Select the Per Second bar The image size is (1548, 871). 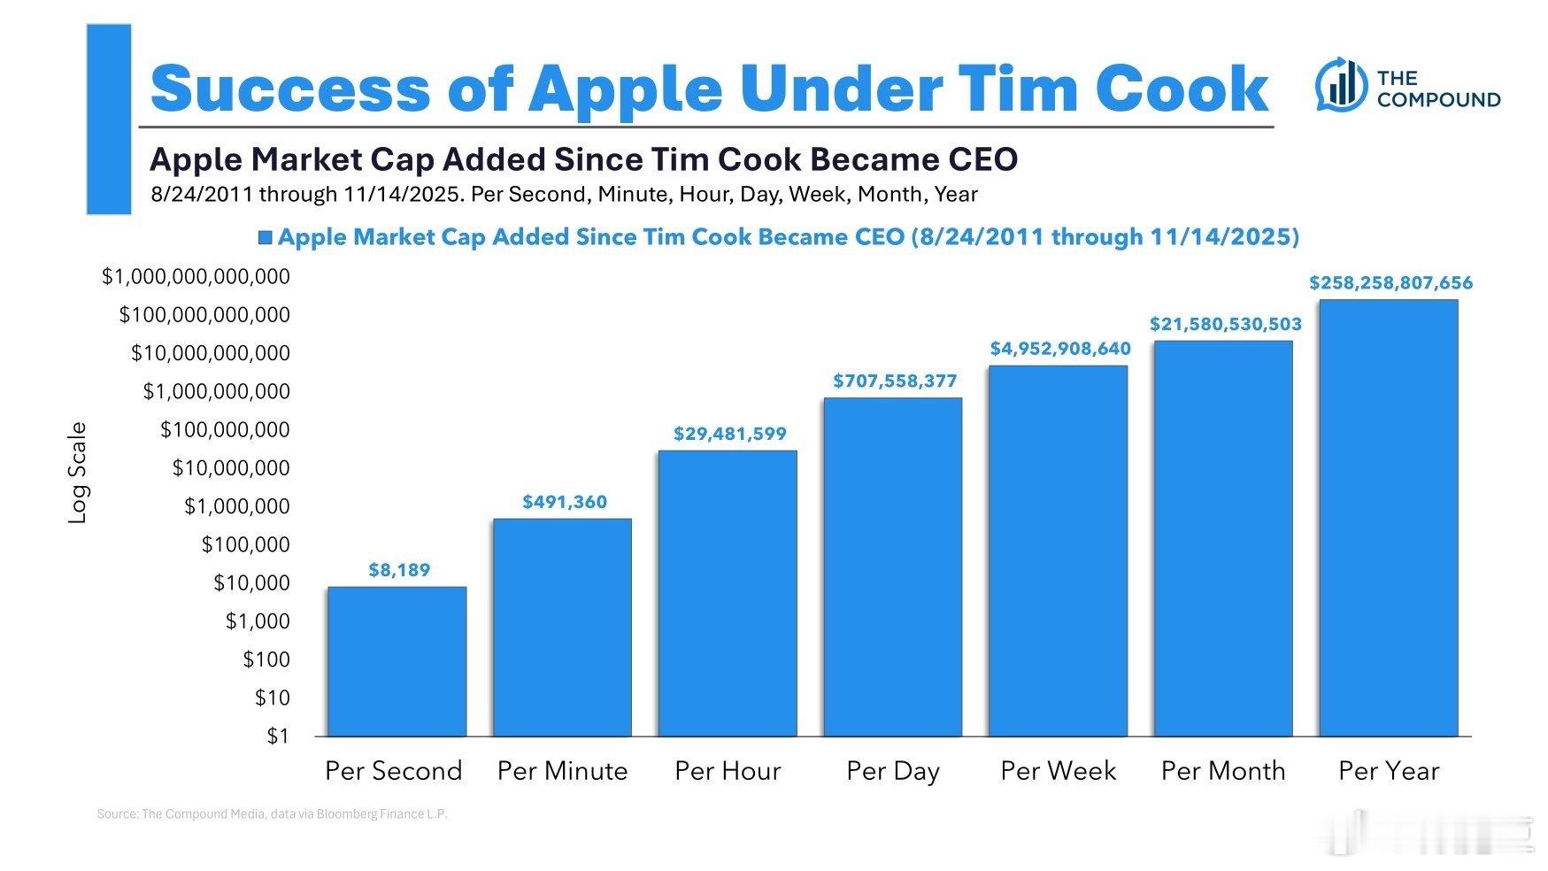[397, 661]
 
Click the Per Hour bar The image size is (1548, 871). [727, 593]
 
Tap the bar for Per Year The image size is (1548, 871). [1388, 518]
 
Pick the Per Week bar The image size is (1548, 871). [1058, 551]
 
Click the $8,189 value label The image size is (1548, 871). [399, 570]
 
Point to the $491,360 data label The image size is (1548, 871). [565, 502]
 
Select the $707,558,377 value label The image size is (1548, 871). [895, 381]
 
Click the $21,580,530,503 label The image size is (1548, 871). [1225, 324]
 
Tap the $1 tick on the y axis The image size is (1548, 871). [278, 736]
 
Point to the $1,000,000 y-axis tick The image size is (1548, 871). [236, 506]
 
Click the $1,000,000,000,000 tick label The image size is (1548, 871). [196, 276]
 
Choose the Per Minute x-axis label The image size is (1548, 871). [562, 771]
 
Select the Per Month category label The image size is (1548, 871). [1223, 771]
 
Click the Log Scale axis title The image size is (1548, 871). [78, 473]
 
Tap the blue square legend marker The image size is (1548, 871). [265, 237]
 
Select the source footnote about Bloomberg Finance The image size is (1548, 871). [272, 813]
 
